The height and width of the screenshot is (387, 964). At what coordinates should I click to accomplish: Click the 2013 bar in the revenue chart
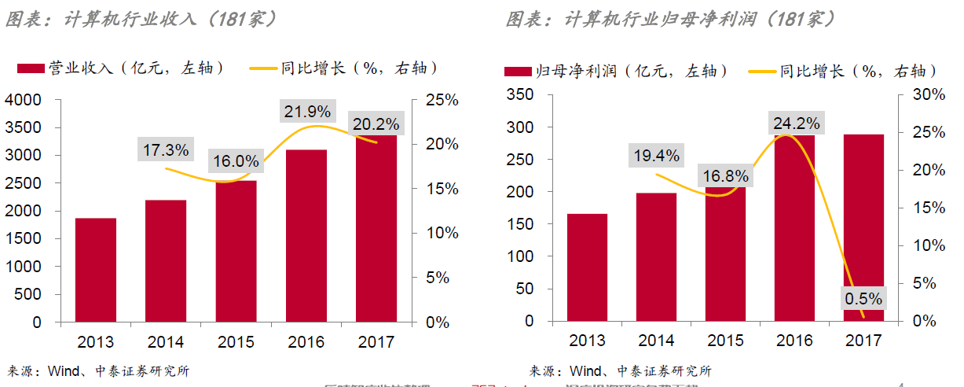(x=96, y=270)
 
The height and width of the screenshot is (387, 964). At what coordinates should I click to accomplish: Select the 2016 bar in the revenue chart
(x=306, y=235)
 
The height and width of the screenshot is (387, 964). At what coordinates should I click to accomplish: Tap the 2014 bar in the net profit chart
(x=656, y=256)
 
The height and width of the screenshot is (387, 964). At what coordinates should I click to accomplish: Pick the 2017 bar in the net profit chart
(x=863, y=220)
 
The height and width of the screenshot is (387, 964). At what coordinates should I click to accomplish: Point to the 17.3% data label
(x=166, y=149)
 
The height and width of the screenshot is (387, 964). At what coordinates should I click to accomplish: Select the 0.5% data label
(x=863, y=299)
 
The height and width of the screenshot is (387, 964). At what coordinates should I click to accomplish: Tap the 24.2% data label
(x=796, y=123)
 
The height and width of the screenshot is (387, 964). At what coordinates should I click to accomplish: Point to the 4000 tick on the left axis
(x=26, y=100)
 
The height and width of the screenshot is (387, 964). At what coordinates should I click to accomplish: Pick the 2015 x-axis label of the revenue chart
(x=235, y=342)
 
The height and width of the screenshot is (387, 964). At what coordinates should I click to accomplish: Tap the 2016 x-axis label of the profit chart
(x=794, y=341)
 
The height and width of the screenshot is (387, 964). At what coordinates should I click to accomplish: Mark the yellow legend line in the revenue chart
(x=262, y=69)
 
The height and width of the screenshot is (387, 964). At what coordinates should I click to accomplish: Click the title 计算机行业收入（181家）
(x=141, y=19)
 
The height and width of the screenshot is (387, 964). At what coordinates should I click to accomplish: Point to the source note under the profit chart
(x=621, y=370)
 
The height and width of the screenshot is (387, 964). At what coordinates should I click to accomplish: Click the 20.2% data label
(x=375, y=123)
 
